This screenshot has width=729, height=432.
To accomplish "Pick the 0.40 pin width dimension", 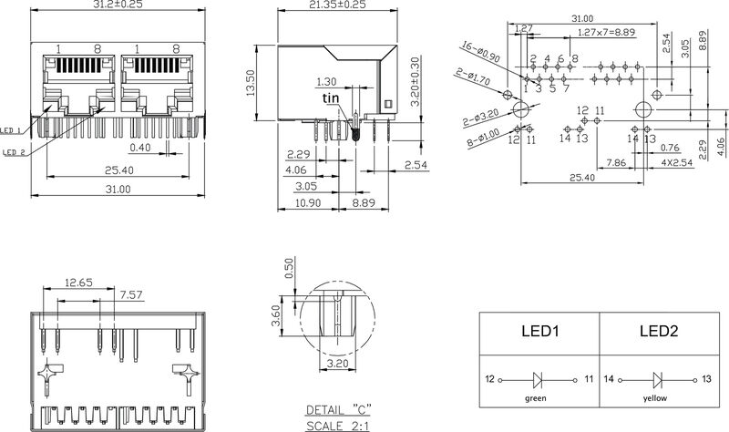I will coord(140,147).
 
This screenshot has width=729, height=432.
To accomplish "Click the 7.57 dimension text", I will coord(132,293).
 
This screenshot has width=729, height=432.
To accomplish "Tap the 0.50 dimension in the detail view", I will coord(289,267).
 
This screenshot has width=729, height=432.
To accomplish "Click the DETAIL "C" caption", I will coord(339,410).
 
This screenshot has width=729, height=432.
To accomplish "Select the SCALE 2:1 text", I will coord(339,424).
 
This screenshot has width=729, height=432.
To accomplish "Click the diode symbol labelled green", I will coord(539,378).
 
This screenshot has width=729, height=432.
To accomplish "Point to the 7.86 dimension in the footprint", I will coord(615,162).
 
